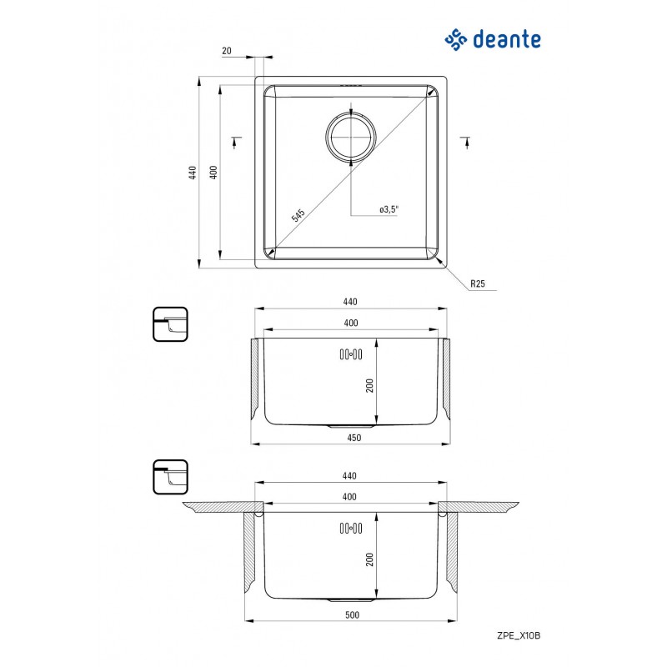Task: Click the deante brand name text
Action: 507,39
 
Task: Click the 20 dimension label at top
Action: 227,51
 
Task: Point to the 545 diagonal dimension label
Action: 298,215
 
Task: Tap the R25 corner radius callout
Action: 478,283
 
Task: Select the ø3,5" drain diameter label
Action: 389,209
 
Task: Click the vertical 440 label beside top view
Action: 193,173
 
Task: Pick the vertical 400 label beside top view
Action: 213,173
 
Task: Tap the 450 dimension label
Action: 354,438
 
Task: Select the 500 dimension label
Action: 352,614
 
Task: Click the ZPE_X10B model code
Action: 519,635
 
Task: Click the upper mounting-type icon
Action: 170,324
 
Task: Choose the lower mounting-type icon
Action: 170,477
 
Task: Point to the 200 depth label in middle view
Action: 369,385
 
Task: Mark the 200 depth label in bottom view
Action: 369,559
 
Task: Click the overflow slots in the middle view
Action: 351,354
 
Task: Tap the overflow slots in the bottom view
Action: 351,529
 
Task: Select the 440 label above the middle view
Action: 350,302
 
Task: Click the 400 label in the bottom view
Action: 349,496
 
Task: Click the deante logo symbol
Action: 456,39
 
